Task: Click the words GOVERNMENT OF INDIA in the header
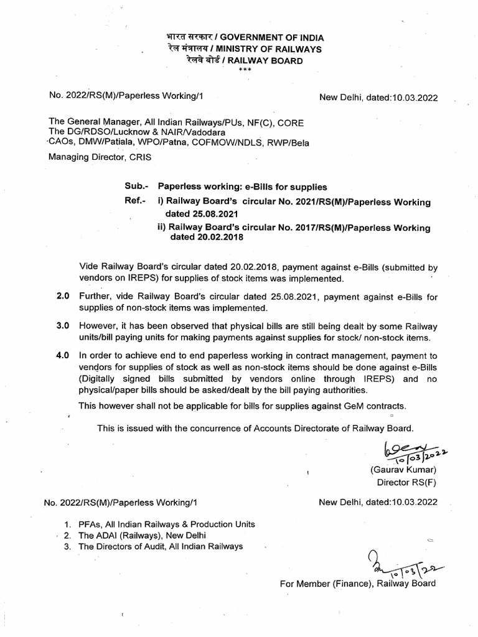tap(271, 38)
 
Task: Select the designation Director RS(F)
tap(401, 482)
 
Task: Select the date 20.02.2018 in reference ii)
tap(206, 238)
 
